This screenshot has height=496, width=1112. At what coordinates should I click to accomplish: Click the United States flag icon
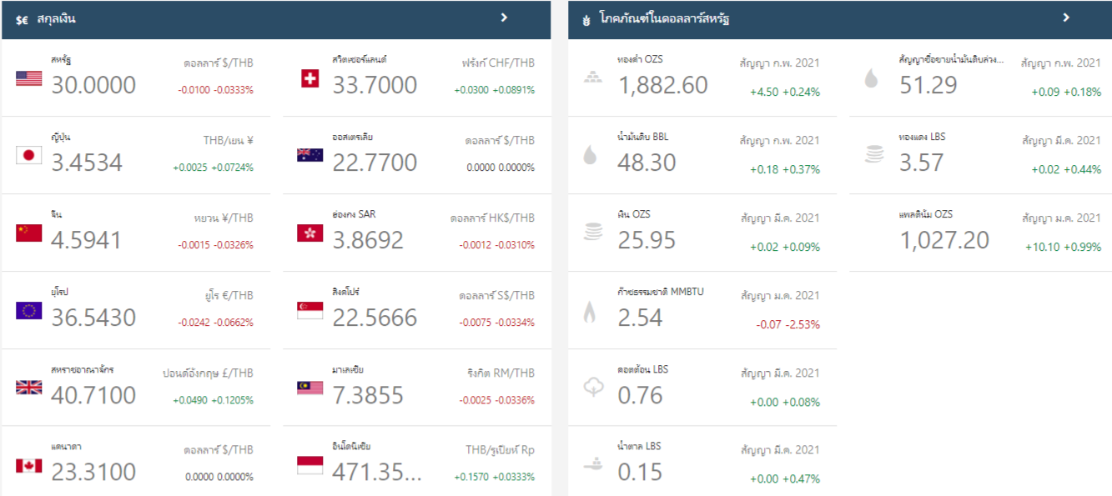(x=28, y=78)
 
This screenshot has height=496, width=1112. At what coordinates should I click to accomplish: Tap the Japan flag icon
(x=28, y=155)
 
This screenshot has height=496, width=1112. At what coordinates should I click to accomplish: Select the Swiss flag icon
(x=309, y=78)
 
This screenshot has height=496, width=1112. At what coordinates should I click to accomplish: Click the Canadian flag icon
(x=28, y=465)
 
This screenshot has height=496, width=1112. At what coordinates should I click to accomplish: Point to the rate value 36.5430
(x=93, y=318)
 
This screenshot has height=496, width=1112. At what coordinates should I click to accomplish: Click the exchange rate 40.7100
(x=93, y=395)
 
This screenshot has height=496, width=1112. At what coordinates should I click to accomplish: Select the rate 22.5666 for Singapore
(x=375, y=318)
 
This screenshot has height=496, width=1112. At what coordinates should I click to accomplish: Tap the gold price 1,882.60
(x=662, y=85)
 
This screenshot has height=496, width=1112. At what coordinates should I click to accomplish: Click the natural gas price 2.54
(x=640, y=318)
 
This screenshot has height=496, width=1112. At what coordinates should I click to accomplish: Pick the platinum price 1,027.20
(x=944, y=240)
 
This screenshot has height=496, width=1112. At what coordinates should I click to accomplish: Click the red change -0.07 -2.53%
(x=787, y=324)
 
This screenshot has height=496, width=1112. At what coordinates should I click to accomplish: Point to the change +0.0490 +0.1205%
(x=213, y=400)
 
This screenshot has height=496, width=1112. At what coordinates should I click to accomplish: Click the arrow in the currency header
(x=504, y=17)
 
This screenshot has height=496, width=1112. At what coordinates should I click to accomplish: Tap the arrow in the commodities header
(x=1066, y=18)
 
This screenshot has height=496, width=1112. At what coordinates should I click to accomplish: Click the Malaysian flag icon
(x=309, y=388)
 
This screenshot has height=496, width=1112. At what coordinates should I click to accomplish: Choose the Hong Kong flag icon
(x=309, y=233)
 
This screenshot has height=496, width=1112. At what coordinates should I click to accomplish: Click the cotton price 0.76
(x=640, y=395)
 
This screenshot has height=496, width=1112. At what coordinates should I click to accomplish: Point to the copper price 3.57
(x=921, y=163)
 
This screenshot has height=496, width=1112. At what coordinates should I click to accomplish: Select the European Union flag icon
(x=28, y=311)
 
